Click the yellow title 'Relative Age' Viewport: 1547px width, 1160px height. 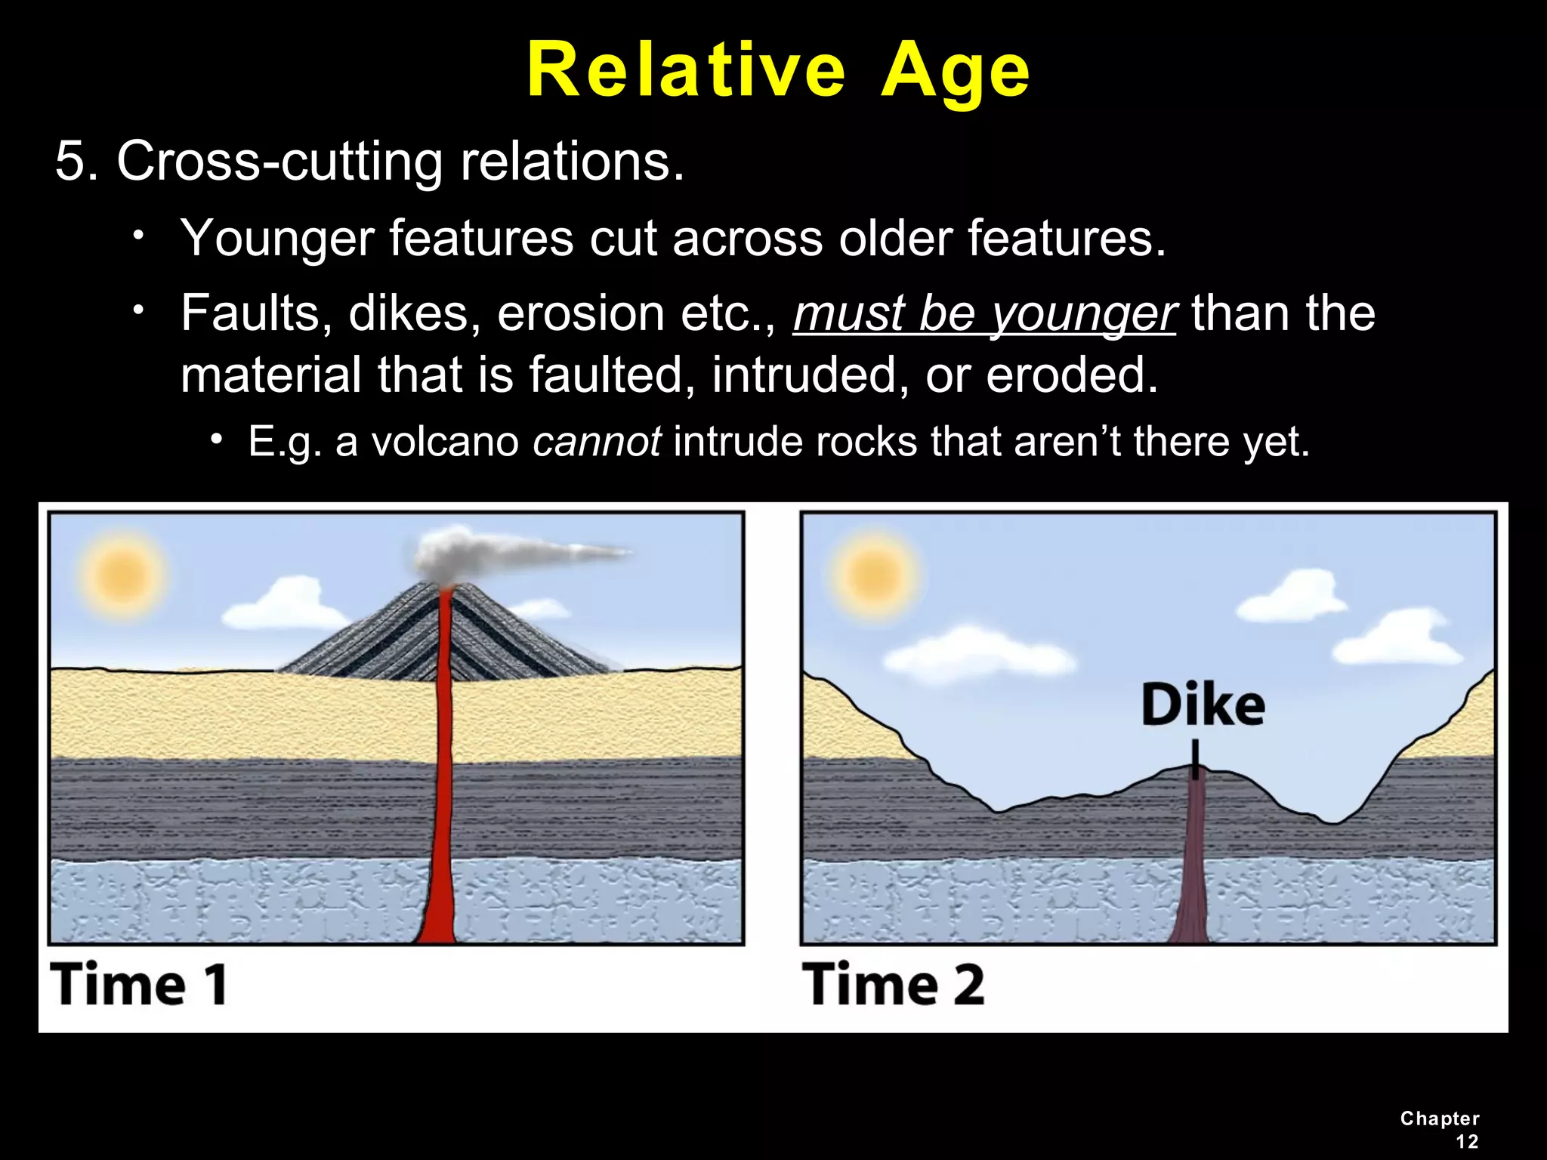click(778, 70)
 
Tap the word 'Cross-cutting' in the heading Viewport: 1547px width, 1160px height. click(279, 161)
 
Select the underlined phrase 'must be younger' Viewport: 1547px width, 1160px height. click(984, 313)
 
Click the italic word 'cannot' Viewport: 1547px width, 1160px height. click(597, 441)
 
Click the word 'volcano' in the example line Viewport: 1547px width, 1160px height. click(446, 442)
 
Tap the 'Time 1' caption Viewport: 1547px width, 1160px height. click(139, 985)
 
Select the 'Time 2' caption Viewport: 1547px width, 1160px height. click(894, 985)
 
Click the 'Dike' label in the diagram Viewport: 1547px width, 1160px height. click(1203, 705)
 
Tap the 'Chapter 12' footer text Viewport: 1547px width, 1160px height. click(1440, 1129)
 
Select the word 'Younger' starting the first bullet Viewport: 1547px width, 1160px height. click(277, 238)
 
